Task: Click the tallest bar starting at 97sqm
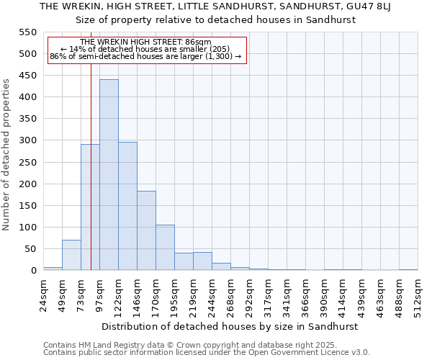coord(109,175)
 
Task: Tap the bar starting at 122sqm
coord(127,206)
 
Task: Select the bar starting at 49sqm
coord(71,256)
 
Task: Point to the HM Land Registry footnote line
coord(205,345)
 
